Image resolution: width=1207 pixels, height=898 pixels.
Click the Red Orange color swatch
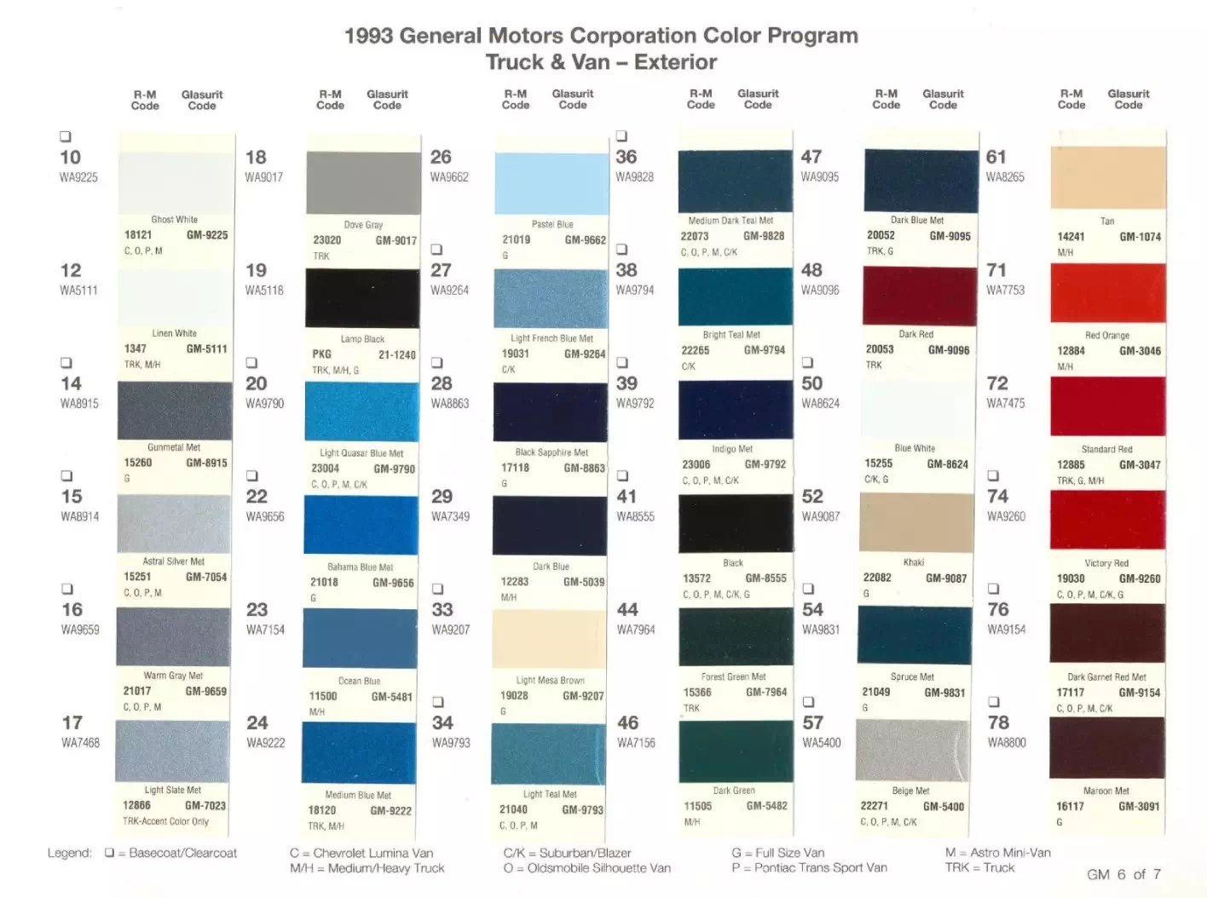coord(1107,293)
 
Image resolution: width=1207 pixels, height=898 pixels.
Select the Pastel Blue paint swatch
coord(552,183)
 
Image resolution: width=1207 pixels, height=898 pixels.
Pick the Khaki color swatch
coord(915,521)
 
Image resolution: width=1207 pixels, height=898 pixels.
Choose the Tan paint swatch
coord(1108,177)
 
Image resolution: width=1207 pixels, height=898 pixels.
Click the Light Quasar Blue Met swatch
coord(361,412)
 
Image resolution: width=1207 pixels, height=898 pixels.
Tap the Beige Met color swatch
coord(913,750)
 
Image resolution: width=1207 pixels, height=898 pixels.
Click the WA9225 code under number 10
coord(78,177)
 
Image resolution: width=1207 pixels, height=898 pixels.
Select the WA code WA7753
coord(1005,291)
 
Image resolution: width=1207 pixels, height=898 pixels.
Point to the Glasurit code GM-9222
coord(390,810)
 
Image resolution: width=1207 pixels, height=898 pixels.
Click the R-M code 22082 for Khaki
coord(877,578)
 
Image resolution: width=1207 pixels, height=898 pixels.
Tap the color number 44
coord(627,609)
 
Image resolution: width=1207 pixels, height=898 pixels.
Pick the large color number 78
coord(998,722)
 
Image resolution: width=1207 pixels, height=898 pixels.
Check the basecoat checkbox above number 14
coord(66,363)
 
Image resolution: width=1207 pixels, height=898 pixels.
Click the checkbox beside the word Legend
coord(109,853)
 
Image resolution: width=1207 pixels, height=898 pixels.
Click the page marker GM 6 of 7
coord(1123,874)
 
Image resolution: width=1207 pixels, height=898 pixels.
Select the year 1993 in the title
coord(368,36)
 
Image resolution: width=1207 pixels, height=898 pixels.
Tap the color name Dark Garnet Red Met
coord(1106,677)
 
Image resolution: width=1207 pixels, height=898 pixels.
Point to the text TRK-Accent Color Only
coord(165,821)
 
